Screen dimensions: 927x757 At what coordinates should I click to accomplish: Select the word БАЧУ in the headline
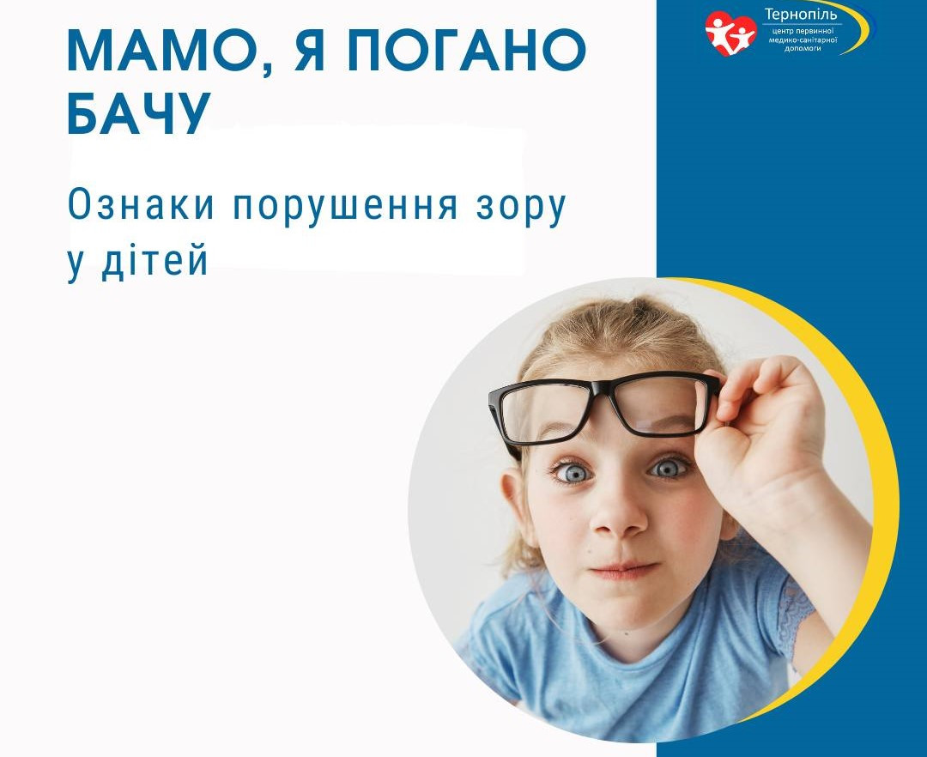[139, 113]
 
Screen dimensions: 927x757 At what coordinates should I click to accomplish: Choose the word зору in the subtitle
[522, 208]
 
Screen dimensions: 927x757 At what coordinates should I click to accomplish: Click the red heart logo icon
[730, 33]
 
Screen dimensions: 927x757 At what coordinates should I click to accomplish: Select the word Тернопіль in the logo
[801, 14]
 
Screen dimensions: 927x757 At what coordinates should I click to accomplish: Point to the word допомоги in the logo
[803, 48]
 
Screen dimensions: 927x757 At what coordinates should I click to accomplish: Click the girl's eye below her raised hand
[668, 468]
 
